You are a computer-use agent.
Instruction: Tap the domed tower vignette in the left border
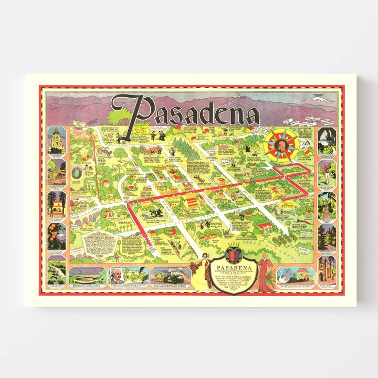57,140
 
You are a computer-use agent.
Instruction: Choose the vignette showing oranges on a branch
57,235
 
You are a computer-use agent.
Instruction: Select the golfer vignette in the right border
327,172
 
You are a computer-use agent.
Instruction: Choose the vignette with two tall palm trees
57,203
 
